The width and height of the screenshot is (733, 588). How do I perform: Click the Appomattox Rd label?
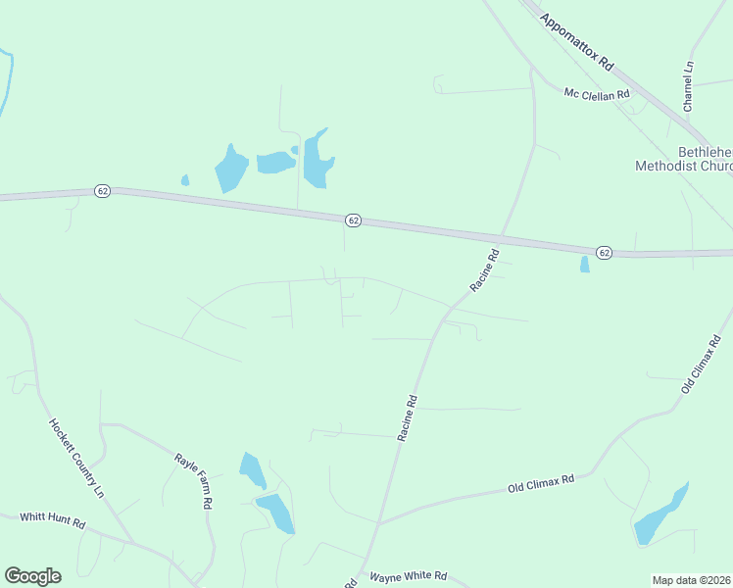(x=576, y=38)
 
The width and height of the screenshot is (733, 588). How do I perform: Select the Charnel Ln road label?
(x=689, y=86)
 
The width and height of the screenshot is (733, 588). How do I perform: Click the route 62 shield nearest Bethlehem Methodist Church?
(x=604, y=253)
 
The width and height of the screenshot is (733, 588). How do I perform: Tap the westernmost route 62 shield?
(x=102, y=190)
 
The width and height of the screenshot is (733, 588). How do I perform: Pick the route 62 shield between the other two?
(x=353, y=220)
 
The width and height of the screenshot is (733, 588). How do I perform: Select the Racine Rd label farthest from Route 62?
(x=409, y=417)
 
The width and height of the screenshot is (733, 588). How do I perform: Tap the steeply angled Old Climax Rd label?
(x=702, y=365)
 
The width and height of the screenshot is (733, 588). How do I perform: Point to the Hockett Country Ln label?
(x=76, y=459)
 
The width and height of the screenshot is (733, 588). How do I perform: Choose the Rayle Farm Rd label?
(x=194, y=480)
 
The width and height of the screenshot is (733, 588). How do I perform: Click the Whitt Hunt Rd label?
(x=53, y=520)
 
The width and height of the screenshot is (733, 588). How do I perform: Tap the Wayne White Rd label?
(x=408, y=577)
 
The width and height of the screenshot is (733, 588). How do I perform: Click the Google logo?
(x=32, y=576)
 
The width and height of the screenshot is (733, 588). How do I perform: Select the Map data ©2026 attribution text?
(x=692, y=580)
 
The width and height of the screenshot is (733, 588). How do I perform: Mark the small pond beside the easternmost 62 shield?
(x=585, y=265)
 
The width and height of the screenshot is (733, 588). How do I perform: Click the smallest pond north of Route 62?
(x=185, y=180)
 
